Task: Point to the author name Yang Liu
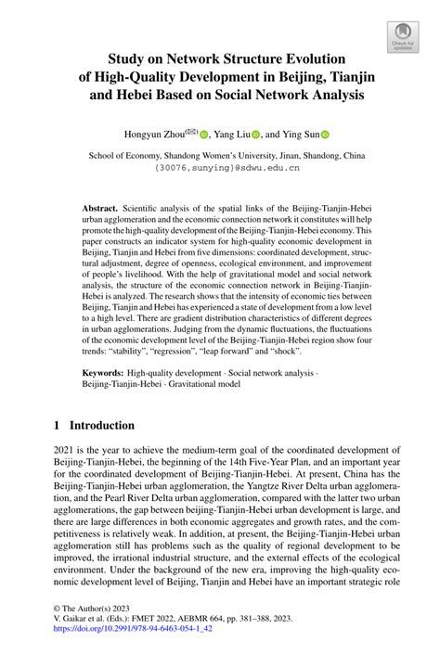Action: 231,134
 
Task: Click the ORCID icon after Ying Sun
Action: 326,134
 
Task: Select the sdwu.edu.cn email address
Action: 220,170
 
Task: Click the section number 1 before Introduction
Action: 58,426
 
